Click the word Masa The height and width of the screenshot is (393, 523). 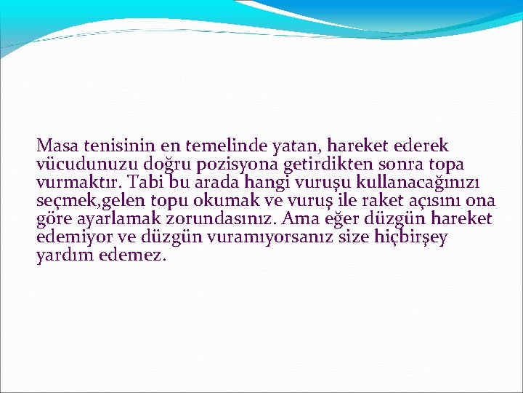click(57, 146)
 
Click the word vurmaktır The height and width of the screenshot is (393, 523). click(79, 182)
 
